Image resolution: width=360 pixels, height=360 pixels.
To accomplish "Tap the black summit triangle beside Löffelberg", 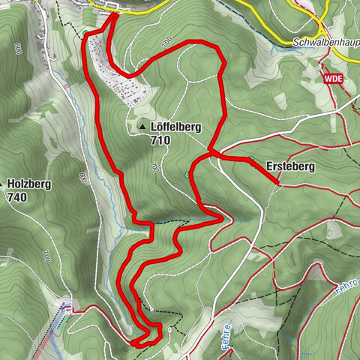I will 142,128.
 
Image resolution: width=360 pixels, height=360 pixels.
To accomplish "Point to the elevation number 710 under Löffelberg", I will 160,140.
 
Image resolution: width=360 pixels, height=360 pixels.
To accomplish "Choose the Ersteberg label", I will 289,166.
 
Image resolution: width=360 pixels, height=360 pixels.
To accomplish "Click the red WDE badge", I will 334,78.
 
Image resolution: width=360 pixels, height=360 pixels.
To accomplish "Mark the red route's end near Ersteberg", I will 277,182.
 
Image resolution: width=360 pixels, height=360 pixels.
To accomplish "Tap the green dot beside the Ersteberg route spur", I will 251,158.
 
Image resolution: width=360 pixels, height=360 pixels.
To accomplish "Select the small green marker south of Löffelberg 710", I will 186,175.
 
